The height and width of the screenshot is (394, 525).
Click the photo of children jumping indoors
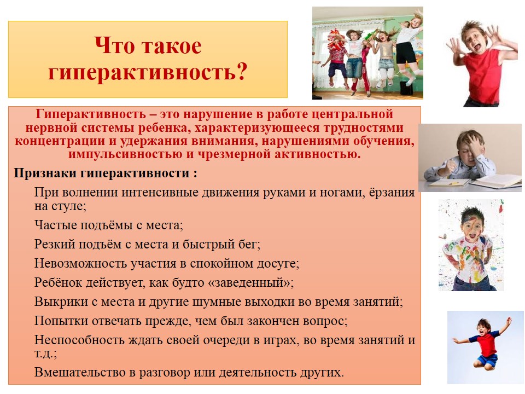click(x=367, y=53)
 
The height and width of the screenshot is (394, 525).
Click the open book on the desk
click(x=496, y=181)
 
